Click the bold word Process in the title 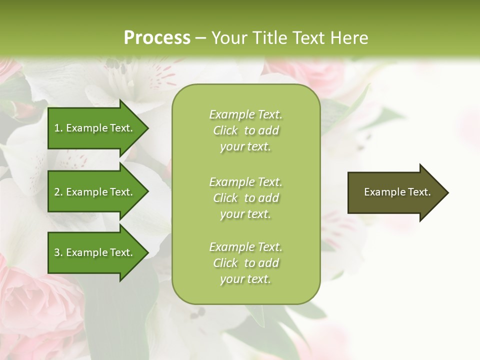click(x=157, y=38)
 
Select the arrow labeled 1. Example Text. click(x=95, y=128)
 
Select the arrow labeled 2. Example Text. click(x=95, y=192)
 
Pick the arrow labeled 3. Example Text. click(x=95, y=252)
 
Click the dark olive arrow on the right click(x=395, y=192)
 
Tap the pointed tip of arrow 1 click(x=146, y=128)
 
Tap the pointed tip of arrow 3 click(x=146, y=252)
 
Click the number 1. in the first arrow click(x=58, y=128)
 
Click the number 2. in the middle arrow click(x=58, y=192)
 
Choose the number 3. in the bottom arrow click(x=58, y=252)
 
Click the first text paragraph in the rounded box click(x=245, y=130)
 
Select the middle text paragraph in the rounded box click(x=245, y=198)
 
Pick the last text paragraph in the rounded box click(x=245, y=263)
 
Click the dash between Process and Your click(x=200, y=38)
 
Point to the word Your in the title click(x=227, y=38)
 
